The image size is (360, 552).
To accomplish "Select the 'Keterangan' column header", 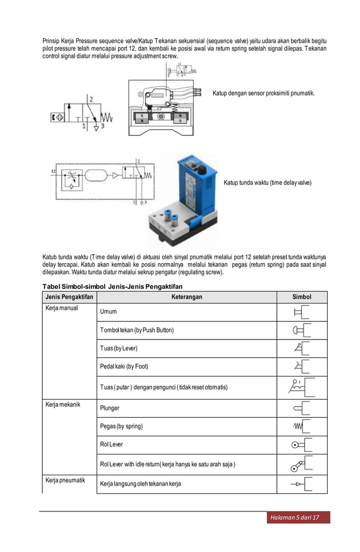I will click(x=186, y=297).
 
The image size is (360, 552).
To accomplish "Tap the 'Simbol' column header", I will click(x=302, y=297).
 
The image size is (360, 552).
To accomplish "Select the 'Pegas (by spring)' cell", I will click(x=121, y=426).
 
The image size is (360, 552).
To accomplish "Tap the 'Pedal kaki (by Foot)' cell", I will click(x=124, y=366).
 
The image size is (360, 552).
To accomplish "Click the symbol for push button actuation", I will click(x=302, y=330).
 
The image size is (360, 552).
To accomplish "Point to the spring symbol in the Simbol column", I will click(x=302, y=426).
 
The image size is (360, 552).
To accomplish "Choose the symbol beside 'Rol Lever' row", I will click(x=302, y=445).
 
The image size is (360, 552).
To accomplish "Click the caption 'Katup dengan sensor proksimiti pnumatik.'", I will click(x=264, y=92).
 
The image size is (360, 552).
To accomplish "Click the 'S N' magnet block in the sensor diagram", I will click(x=142, y=117).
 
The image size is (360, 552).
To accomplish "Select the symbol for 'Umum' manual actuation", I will click(x=302, y=312).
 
